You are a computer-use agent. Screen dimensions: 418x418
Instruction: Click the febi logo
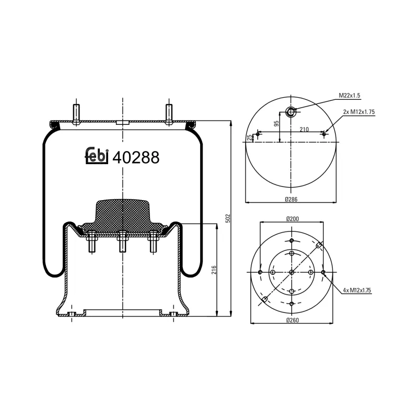[x=97, y=156]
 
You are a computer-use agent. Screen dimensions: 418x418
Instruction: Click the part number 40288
[x=136, y=157]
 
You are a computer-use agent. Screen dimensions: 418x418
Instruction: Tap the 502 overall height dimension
[x=228, y=217]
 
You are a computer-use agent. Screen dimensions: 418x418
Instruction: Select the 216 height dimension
[x=214, y=270]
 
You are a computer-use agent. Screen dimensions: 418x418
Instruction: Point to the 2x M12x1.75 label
[x=359, y=112]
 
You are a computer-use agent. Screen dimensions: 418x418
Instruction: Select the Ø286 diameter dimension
[x=291, y=199]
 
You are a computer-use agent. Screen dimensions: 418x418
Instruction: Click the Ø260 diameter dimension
[x=292, y=320]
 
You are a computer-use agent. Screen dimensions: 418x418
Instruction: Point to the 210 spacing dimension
[x=304, y=129]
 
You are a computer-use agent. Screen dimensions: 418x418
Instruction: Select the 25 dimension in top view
[x=250, y=137]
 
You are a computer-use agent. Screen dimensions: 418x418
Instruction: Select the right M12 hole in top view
[x=324, y=134]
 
